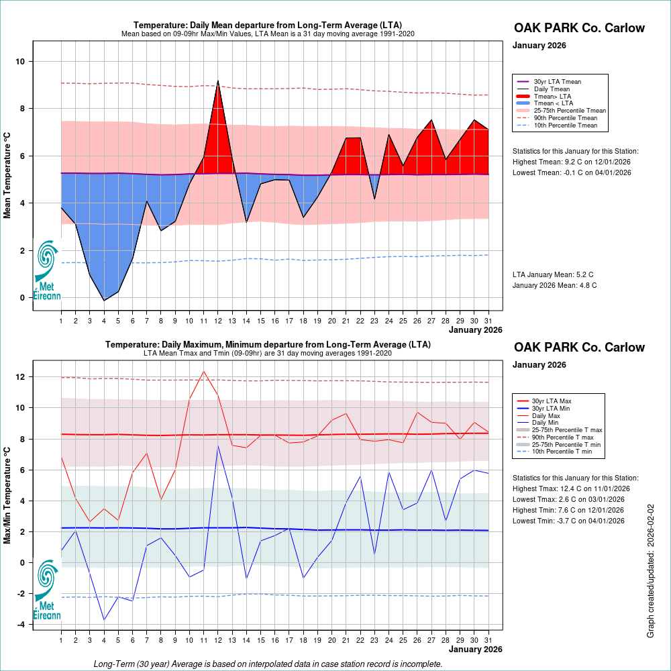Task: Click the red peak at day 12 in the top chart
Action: [218, 82]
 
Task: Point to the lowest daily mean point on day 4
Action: [104, 300]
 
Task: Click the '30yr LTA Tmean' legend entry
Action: [557, 81]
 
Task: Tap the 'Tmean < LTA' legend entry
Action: [553, 103]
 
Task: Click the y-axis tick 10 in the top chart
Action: [21, 62]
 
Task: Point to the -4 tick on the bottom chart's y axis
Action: [20, 625]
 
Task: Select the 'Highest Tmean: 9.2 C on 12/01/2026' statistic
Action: [572, 162]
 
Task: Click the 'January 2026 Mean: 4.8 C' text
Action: [554, 285]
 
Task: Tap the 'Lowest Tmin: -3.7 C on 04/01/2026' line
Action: [568, 521]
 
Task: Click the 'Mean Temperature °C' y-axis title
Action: [8, 175]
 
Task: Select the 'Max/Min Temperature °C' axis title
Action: [8, 490]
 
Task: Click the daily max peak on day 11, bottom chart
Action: [203, 372]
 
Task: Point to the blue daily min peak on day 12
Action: [218, 446]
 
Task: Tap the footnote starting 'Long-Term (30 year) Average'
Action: [268, 664]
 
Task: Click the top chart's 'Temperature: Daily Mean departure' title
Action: [268, 25]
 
